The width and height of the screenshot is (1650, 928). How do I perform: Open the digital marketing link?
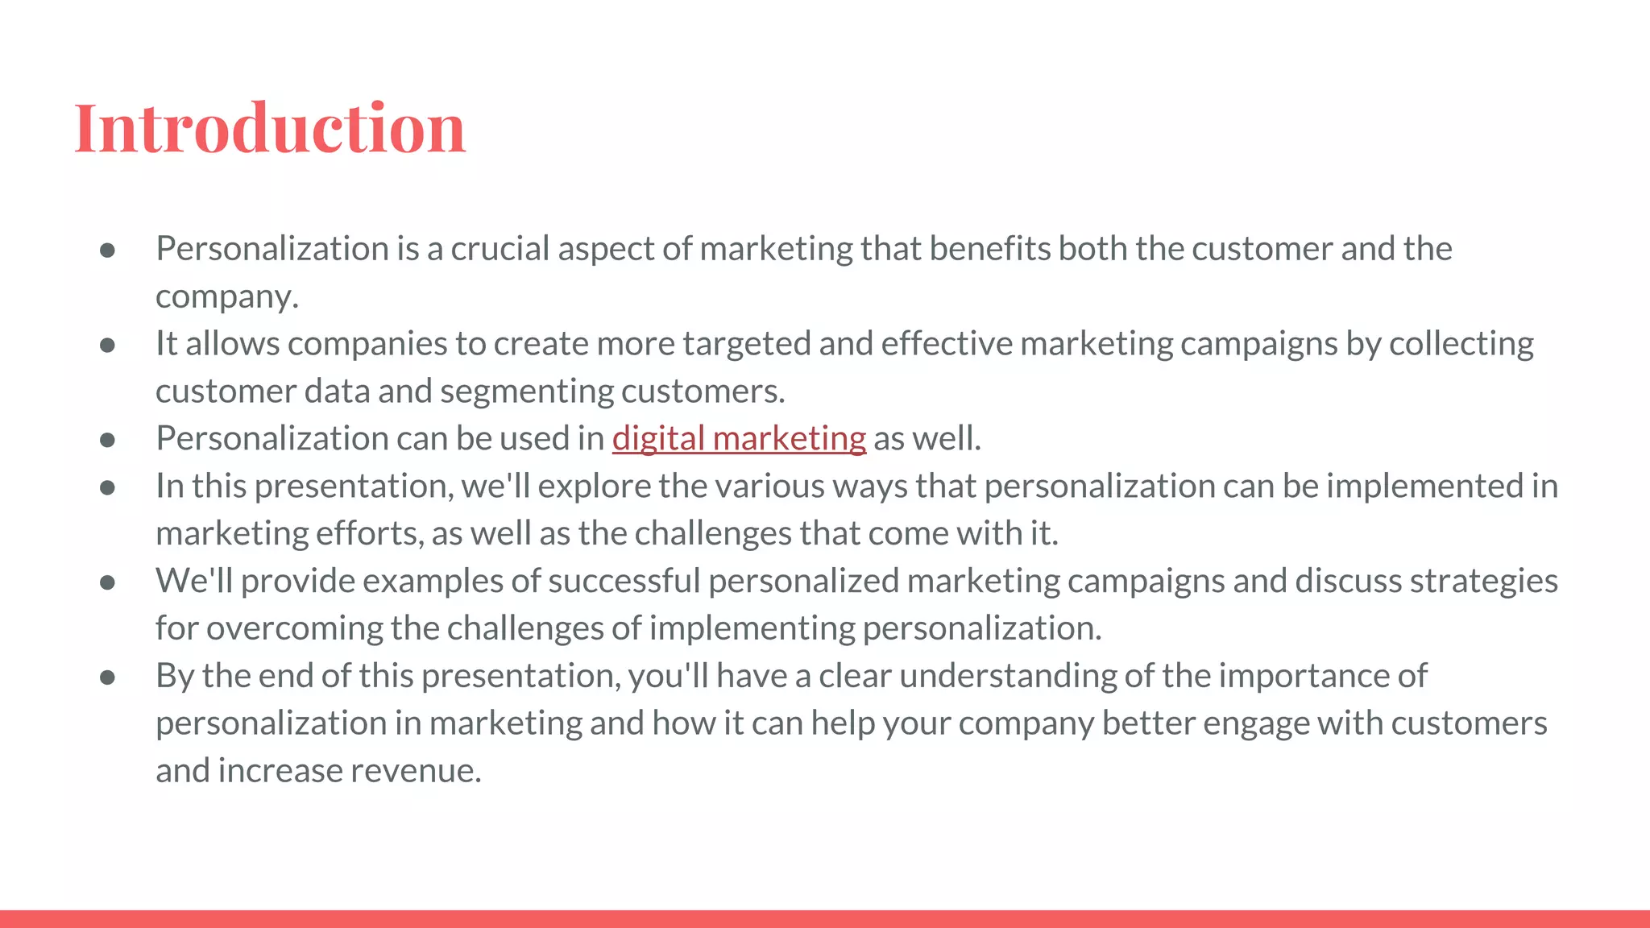(739, 439)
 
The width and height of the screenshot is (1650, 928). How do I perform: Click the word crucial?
(500, 249)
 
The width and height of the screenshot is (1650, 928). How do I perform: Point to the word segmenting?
(527, 391)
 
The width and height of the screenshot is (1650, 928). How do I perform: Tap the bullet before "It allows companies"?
(107, 346)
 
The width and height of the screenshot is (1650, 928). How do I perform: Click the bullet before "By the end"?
(107, 677)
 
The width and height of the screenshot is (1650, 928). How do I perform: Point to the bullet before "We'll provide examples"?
(107, 582)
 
